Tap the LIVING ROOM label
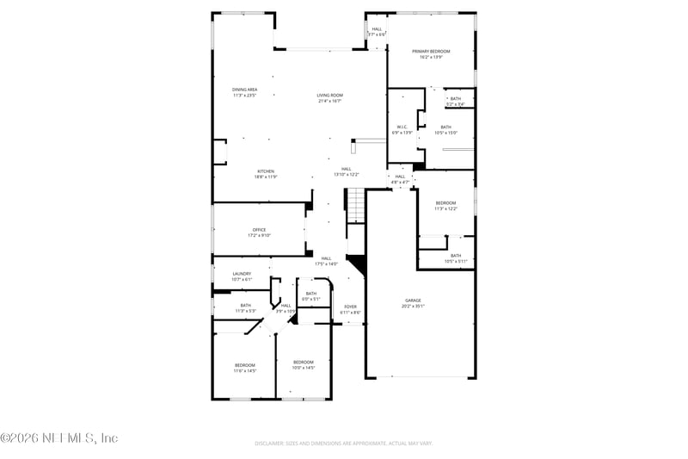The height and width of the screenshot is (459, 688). pyautogui.click(x=330, y=96)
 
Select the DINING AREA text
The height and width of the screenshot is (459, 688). pyautogui.click(x=244, y=90)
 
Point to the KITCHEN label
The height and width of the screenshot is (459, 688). pyautogui.click(x=265, y=171)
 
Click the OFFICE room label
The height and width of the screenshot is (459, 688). pyautogui.click(x=259, y=230)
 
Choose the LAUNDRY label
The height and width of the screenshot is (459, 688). pyautogui.click(x=242, y=274)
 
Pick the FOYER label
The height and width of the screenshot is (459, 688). pyautogui.click(x=350, y=307)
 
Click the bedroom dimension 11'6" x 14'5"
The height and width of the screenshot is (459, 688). pyautogui.click(x=245, y=371)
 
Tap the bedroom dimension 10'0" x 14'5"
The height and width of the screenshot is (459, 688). pyautogui.click(x=304, y=368)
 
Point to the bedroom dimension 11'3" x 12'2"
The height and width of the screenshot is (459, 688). pyautogui.click(x=445, y=208)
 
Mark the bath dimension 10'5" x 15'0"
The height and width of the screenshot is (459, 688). pyautogui.click(x=445, y=133)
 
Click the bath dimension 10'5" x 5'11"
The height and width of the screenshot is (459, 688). pyautogui.click(x=455, y=261)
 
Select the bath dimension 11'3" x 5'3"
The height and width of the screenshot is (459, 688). pyautogui.click(x=246, y=311)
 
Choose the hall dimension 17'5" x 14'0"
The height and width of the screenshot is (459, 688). pyautogui.click(x=327, y=264)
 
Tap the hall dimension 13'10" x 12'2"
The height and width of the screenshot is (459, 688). pyautogui.click(x=346, y=175)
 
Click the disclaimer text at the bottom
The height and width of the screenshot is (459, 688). pyautogui.click(x=344, y=443)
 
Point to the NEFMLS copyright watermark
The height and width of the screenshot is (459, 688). pyautogui.click(x=59, y=438)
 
